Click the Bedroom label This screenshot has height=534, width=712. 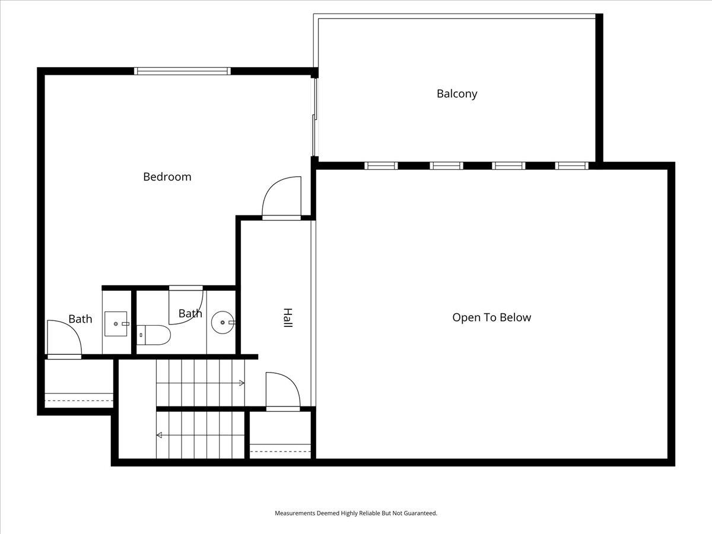tap(167, 177)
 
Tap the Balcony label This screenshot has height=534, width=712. tap(457, 94)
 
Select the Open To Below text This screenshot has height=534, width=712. tap(491, 317)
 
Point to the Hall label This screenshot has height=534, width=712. tap(287, 317)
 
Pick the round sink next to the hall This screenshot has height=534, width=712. tap(224, 322)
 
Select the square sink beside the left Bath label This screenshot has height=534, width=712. tap(116, 324)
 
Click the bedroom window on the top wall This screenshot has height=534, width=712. tap(182, 71)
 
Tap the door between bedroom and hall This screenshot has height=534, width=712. tap(281, 199)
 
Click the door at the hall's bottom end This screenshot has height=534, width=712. tap(282, 392)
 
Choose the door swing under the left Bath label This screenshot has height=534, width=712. tap(63, 339)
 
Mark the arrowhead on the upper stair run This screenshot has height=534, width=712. tap(241, 383)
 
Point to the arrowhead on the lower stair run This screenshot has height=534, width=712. tap(160, 436)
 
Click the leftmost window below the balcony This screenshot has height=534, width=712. tap(380, 166)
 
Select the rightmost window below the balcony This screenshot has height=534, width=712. tap(571, 166)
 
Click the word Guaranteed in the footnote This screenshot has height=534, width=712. tap(421, 513)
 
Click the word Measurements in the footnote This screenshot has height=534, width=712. tap(295, 513)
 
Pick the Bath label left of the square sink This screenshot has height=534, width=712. tap(80, 319)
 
